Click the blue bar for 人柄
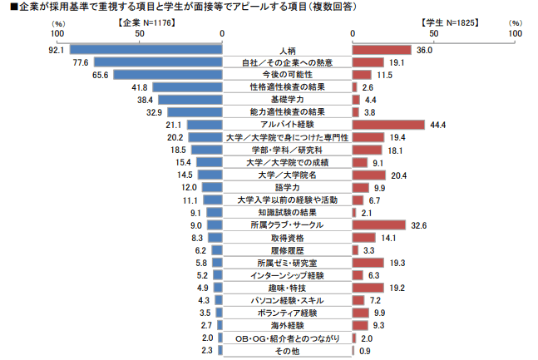coord(146,50)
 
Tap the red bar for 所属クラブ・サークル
coord(378,225)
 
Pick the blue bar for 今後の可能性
coord(169,75)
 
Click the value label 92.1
coord(57,50)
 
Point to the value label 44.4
coord(439,124)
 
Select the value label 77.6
coord(81,62)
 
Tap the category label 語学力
coord(288,188)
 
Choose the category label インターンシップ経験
coord(288,274)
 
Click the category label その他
coord(288,350)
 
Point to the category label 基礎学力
coord(288,99)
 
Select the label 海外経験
coord(288,325)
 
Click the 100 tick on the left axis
coord(57,34)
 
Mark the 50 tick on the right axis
coord(433,34)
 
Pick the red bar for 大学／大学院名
coord(368,175)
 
